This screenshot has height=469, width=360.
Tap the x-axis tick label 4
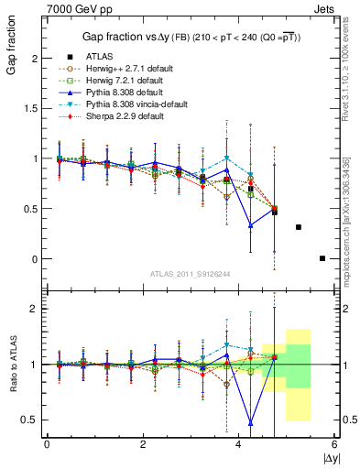click(x=239, y=444)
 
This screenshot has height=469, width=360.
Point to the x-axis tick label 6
click(x=335, y=444)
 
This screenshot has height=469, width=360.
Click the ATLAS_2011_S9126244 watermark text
click(x=191, y=272)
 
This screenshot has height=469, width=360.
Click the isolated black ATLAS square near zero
click(x=322, y=258)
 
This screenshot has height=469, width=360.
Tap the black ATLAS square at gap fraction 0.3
click(x=299, y=227)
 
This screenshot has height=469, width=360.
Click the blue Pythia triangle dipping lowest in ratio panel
click(x=251, y=423)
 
